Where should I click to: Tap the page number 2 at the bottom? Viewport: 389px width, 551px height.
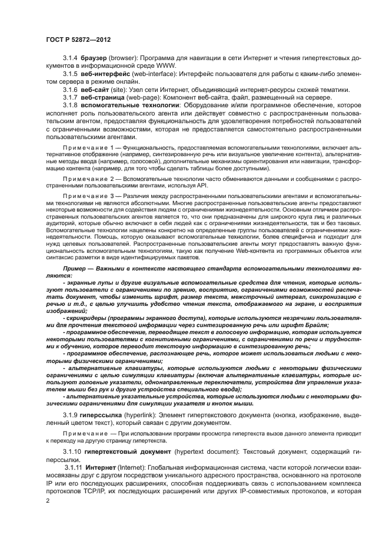click(47, 500)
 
